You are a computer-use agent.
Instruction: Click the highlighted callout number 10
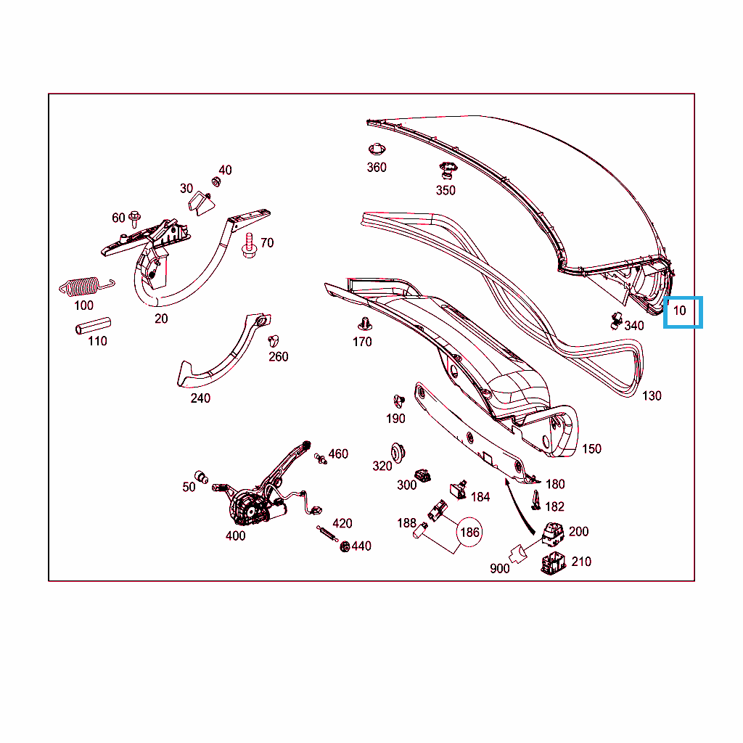679,311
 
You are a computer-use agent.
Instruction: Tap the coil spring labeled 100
86,287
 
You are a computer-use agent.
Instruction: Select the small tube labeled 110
94,326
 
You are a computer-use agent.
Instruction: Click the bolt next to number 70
250,245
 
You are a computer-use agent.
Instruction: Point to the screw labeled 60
134,219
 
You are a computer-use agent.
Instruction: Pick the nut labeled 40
215,182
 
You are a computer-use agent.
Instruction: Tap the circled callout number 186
469,532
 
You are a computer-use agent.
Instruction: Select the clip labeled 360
377,149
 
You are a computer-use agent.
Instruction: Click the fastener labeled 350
447,171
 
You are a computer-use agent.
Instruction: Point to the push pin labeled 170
364,324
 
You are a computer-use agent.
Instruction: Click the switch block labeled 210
553,563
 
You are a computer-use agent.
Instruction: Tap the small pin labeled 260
274,340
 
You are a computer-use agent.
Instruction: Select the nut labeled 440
345,547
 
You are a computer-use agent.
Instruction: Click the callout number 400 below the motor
236,536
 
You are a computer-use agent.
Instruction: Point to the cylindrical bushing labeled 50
202,476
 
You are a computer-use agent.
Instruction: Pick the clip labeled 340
616,321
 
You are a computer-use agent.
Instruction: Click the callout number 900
499,569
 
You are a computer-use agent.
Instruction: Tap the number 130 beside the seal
652,395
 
